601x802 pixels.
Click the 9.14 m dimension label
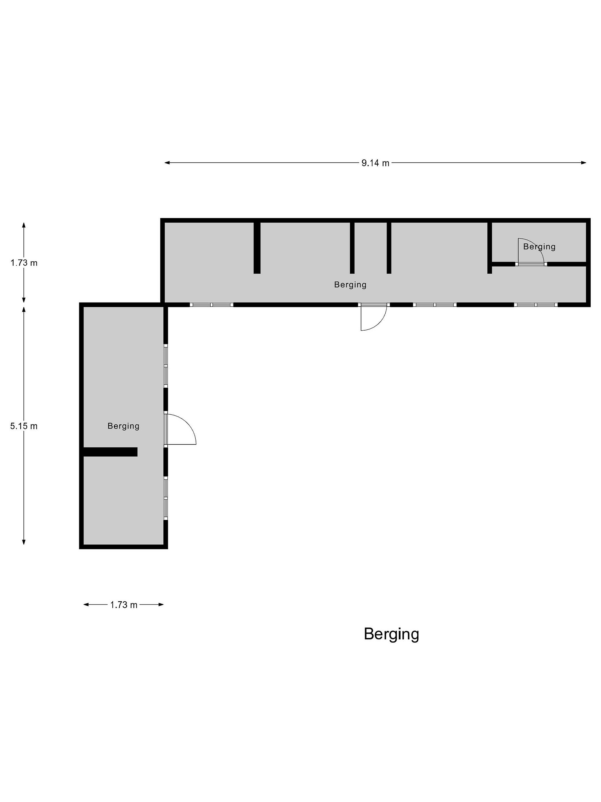[x=375, y=163]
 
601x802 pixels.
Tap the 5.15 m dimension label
[x=24, y=426]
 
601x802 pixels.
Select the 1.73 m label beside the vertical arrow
[x=24, y=263]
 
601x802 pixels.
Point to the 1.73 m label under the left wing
[x=124, y=605]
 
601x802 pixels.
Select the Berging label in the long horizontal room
[x=350, y=285]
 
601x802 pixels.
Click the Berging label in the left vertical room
[x=124, y=426]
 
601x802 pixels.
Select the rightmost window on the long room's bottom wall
[x=536, y=305]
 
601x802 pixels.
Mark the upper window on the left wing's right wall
[x=166, y=366]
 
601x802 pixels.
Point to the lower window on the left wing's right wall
[x=166, y=498]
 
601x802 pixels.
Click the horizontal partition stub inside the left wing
[x=110, y=452]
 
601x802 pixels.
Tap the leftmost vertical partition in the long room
[x=257, y=248]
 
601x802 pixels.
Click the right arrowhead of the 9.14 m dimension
[x=584, y=163]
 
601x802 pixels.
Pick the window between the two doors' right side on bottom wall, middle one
[x=435, y=305]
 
